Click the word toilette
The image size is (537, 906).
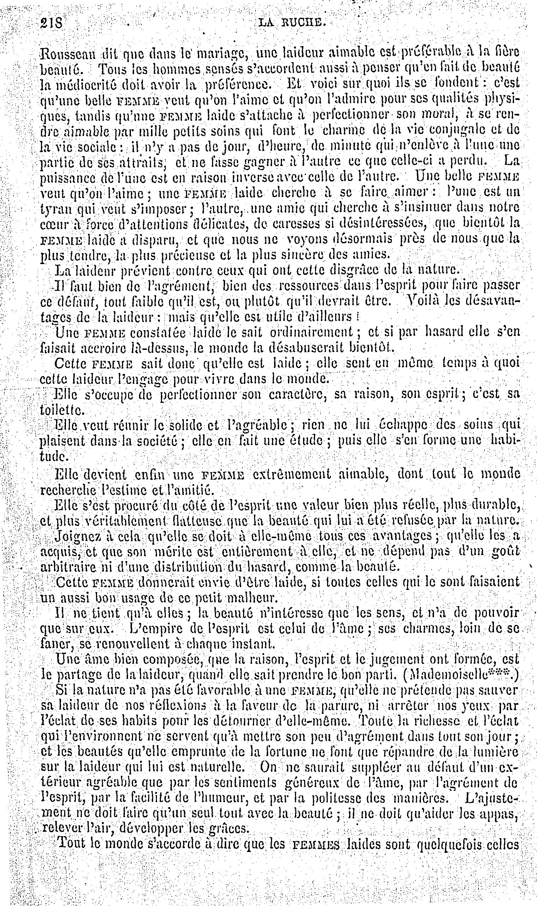58,411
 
